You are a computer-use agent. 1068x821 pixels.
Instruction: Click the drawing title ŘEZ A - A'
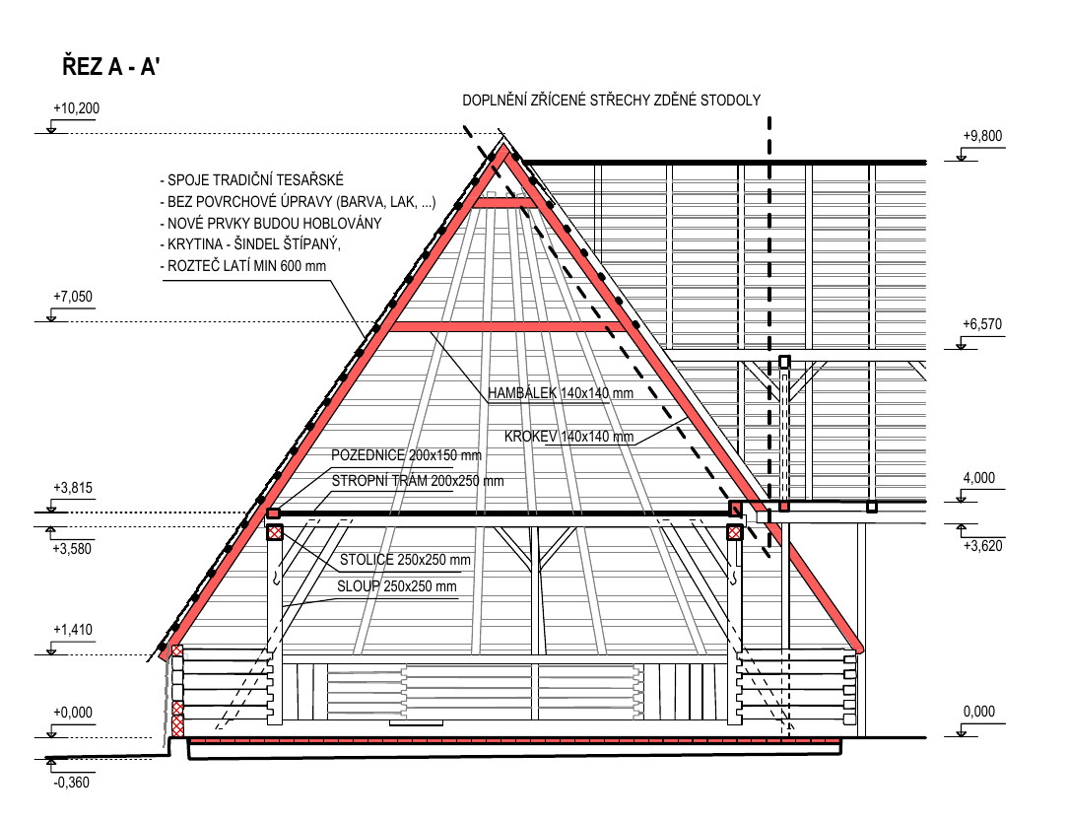[x=111, y=67]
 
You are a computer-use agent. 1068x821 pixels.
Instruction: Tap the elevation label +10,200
[x=76, y=108]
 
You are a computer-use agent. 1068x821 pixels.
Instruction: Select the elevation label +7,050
[x=73, y=297]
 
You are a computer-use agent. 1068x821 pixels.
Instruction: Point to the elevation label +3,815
[x=73, y=488]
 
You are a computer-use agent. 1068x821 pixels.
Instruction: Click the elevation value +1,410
[x=73, y=630]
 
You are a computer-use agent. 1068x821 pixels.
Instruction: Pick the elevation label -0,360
[x=72, y=783]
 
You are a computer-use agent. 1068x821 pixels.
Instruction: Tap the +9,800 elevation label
[x=982, y=136]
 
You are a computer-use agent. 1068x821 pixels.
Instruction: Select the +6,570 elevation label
[x=982, y=324]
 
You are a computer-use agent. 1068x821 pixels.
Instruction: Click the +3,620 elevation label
[x=983, y=546]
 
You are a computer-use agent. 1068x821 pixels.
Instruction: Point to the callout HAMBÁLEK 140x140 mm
[x=561, y=393]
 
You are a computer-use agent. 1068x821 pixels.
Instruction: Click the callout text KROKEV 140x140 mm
[x=568, y=437]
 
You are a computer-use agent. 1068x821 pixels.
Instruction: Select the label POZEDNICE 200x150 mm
[x=406, y=455]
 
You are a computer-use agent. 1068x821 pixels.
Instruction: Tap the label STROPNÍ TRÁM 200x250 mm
[x=418, y=481]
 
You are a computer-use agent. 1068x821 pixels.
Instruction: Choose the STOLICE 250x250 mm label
[x=405, y=560]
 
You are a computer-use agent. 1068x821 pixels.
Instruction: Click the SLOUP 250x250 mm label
[x=397, y=586]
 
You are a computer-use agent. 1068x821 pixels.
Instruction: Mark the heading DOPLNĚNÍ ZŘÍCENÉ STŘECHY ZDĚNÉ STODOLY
[x=612, y=101]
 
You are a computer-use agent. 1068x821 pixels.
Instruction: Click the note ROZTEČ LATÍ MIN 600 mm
[x=242, y=266]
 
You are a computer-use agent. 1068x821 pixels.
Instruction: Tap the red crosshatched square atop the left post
[x=275, y=532]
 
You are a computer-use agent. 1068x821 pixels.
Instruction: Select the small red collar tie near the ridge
[x=504, y=202]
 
